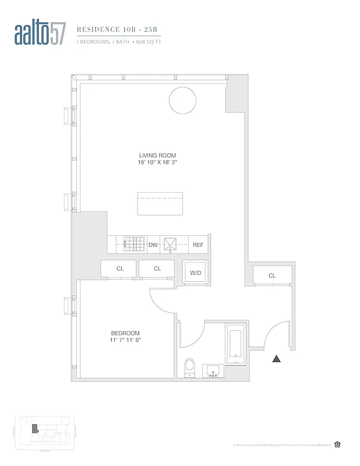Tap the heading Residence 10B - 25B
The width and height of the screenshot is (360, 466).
pos(110,27)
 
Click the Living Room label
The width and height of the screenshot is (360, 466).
pos(153,155)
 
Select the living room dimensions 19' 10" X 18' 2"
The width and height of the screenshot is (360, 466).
pos(153,163)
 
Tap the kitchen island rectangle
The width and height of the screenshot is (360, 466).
pos(160,204)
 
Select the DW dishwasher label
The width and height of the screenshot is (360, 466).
pos(153,245)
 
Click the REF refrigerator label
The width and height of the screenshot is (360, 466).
pos(198,245)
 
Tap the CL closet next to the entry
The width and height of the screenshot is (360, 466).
pos(272,276)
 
